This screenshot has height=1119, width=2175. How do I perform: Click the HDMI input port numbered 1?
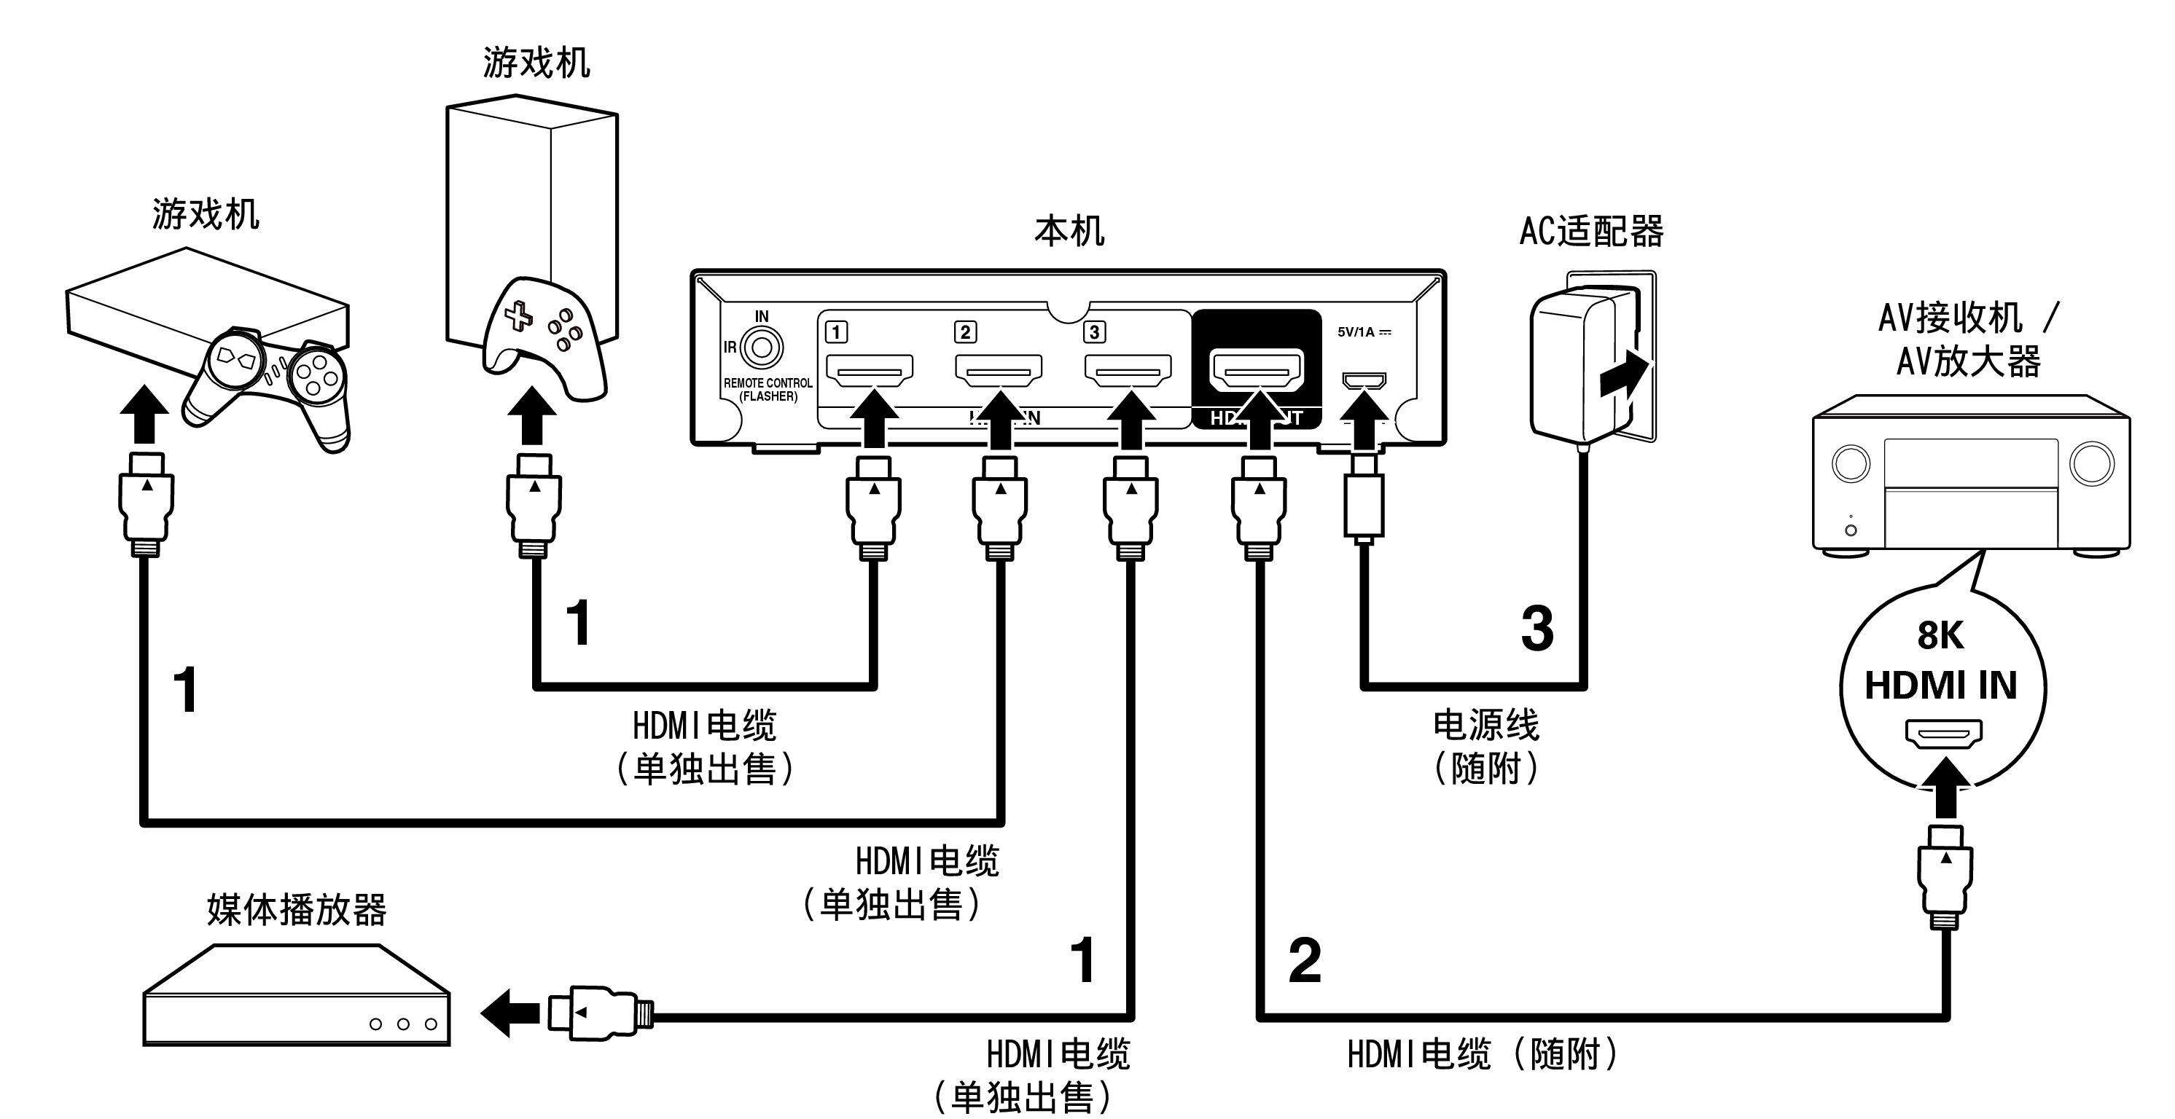click(869, 369)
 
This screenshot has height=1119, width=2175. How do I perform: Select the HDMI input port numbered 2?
click(998, 369)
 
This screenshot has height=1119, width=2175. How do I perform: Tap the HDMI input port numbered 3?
click(1128, 369)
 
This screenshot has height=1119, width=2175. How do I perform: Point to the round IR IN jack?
click(762, 347)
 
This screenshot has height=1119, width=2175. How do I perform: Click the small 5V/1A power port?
click(1364, 380)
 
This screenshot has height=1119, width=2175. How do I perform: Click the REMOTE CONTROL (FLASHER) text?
click(768, 390)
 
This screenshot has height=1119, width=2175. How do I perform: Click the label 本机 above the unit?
click(1069, 231)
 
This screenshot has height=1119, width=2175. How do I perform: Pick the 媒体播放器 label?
click(297, 910)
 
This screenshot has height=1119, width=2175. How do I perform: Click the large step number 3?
click(1537, 629)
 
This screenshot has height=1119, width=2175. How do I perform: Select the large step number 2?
click(1305, 961)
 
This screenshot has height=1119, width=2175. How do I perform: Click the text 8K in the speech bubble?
click(1940, 635)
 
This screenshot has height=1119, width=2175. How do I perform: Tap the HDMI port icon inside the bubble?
click(1942, 734)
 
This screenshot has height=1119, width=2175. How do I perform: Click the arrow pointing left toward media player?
click(510, 1012)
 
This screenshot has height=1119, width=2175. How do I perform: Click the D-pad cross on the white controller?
click(518, 318)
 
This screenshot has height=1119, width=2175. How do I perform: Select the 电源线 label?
click(1486, 725)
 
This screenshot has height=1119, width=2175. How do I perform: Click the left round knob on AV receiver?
click(1851, 464)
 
